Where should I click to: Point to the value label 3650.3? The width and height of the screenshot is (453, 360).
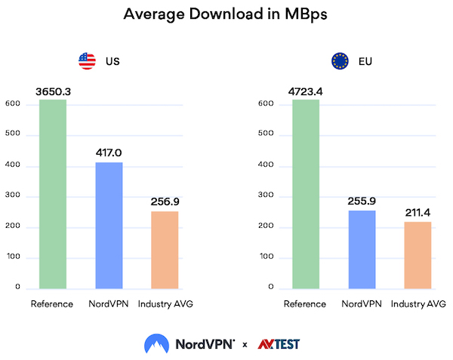click(x=53, y=91)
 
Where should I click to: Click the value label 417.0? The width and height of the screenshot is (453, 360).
click(x=109, y=152)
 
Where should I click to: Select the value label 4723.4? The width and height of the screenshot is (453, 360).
click(x=306, y=91)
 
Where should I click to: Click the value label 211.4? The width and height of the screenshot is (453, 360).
click(x=418, y=212)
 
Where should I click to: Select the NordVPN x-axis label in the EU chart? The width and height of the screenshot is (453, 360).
click(x=362, y=304)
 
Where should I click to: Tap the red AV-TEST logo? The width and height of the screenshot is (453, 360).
click(x=279, y=344)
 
